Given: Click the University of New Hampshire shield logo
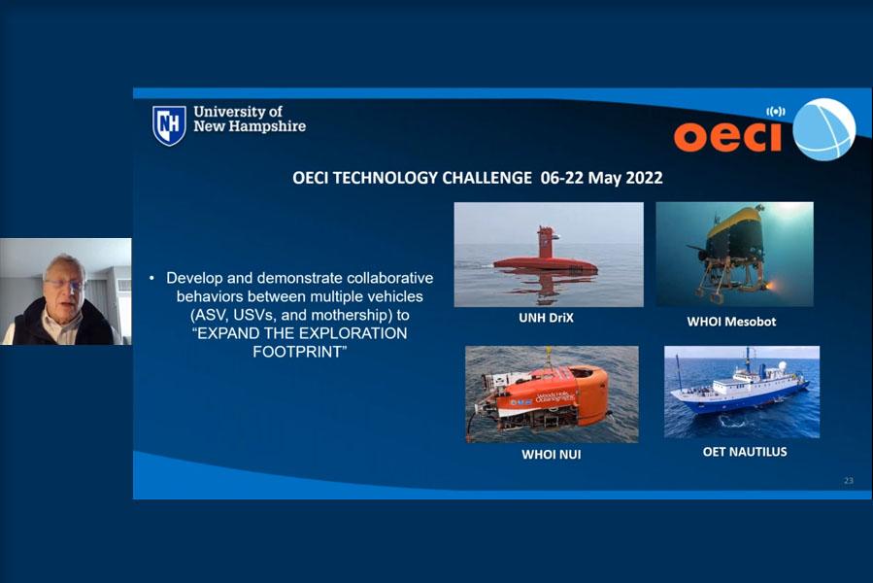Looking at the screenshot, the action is (x=169, y=125).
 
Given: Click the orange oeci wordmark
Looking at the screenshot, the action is (x=728, y=135).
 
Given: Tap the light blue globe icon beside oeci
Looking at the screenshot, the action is (x=823, y=129).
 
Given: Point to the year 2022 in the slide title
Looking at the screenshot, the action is (x=644, y=178).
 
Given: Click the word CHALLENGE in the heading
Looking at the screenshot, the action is (x=487, y=178).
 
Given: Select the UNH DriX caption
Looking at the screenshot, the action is (x=546, y=318).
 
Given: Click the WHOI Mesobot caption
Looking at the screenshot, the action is (x=731, y=322).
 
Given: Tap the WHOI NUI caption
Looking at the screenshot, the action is (x=552, y=454).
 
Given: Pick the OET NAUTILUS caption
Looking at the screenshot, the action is (x=745, y=452).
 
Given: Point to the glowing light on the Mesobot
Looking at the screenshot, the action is (x=772, y=287).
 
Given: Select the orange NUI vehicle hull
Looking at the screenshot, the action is (x=556, y=393).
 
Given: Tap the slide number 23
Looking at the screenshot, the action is (x=849, y=480).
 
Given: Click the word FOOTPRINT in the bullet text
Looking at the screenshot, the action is (x=297, y=352).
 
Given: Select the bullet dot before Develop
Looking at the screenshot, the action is (x=152, y=278).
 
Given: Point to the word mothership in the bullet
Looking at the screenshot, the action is (x=350, y=315).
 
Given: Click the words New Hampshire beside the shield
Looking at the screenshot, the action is (x=250, y=126).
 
